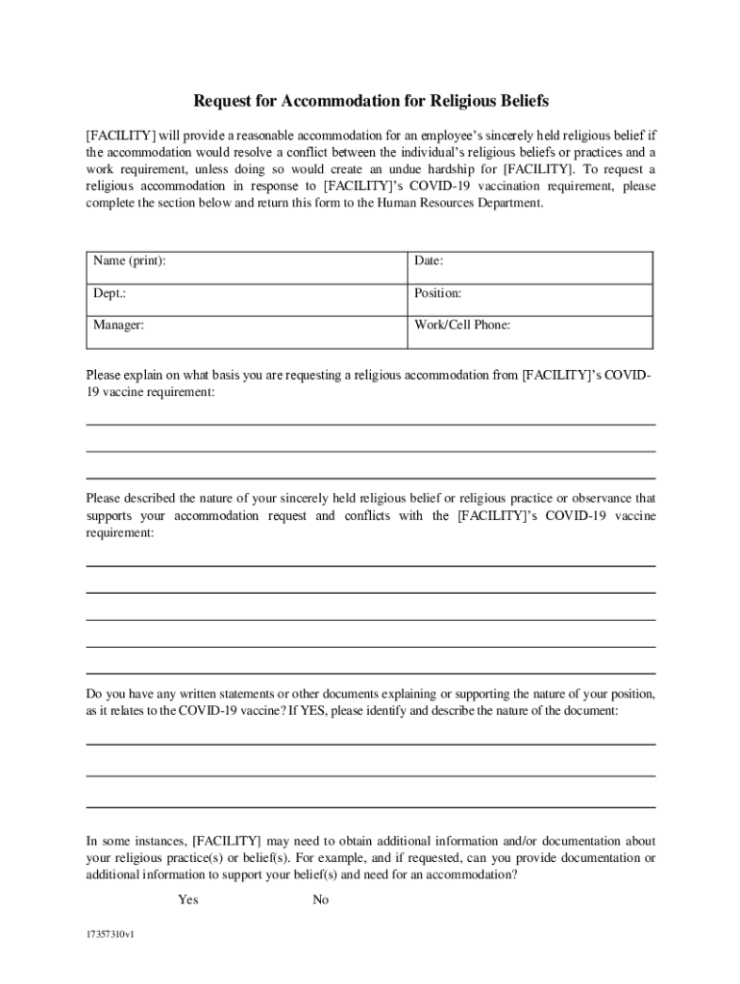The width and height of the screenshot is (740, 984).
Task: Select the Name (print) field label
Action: point(129,261)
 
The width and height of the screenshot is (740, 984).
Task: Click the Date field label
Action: point(429,261)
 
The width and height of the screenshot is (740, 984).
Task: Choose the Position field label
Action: point(438,293)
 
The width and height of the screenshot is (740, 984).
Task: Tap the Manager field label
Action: point(119,326)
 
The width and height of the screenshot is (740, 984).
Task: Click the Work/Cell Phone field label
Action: point(462,326)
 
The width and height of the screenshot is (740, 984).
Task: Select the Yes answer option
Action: point(188,899)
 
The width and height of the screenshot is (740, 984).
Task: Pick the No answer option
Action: point(321,899)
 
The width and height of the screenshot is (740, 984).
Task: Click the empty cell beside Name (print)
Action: point(288,261)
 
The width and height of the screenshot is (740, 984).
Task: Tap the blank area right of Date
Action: point(548,261)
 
